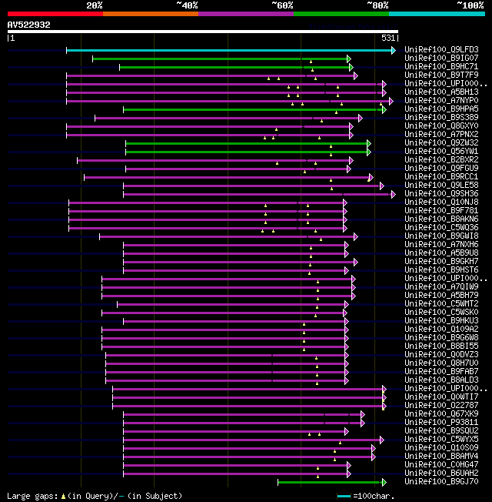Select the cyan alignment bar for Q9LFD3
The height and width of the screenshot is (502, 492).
click(x=231, y=50)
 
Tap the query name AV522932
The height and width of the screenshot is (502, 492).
click(x=29, y=25)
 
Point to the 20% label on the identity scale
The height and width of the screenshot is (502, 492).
click(x=95, y=5)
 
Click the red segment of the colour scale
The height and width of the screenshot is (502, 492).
click(x=55, y=14)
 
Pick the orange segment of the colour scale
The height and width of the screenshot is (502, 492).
click(x=150, y=14)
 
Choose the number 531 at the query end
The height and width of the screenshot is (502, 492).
click(x=388, y=38)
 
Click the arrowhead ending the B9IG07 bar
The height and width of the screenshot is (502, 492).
click(x=349, y=59)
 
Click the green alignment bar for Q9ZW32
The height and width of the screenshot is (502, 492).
click(x=246, y=143)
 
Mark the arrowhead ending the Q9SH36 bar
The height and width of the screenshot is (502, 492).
click(x=392, y=194)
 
